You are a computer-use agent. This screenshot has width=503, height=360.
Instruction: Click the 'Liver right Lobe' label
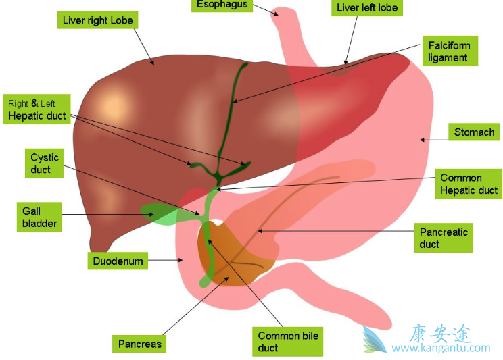click(97, 20)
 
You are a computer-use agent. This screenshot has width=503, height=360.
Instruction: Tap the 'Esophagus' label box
click(222, 5)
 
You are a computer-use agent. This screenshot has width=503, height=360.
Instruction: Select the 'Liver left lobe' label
click(367, 8)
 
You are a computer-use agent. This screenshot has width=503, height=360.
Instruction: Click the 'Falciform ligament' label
click(448, 51)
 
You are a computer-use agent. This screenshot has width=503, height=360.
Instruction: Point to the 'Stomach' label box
click(474, 132)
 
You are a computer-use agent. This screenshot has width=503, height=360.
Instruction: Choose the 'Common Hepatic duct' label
click(469, 184)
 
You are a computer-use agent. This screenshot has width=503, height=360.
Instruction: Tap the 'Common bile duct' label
click(288, 342)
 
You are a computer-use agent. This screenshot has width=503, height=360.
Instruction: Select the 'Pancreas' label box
click(140, 344)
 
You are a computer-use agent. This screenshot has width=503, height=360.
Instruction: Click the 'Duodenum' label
click(118, 260)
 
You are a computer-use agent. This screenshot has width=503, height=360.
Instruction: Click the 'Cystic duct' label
click(45, 163)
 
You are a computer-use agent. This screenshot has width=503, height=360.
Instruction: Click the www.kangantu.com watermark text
click(441, 349)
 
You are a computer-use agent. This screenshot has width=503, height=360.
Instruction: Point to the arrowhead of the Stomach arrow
click(422, 140)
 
